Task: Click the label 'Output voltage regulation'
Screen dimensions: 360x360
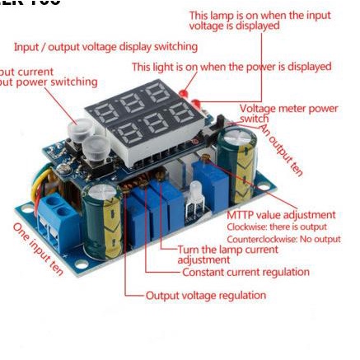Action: coord(206,295)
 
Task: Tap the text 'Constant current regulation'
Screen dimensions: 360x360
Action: coord(245,272)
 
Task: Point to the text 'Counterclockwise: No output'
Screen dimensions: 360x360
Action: coord(283,239)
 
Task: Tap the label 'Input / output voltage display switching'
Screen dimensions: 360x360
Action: coord(105,47)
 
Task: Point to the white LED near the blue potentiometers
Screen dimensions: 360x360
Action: coord(195,198)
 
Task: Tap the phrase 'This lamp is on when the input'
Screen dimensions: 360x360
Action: coord(259,15)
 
